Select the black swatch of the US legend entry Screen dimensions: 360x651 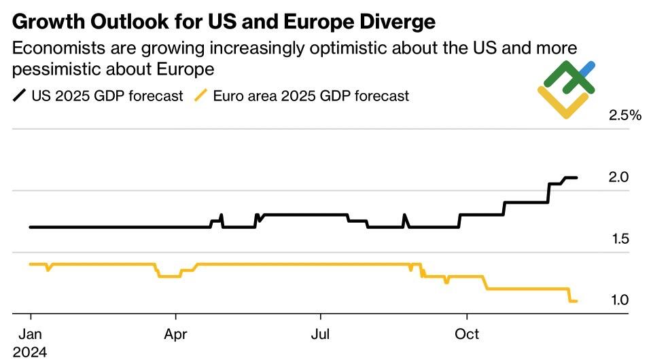(x=19, y=96)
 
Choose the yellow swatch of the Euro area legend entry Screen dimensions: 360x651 (x=200, y=96)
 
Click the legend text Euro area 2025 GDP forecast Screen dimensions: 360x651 (x=311, y=96)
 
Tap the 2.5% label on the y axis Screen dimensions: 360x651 (x=625, y=115)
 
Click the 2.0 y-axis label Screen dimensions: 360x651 (x=618, y=177)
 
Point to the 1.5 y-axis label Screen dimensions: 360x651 (x=618, y=239)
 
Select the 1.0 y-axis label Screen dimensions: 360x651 (x=618, y=300)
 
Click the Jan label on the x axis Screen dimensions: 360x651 (x=31, y=335)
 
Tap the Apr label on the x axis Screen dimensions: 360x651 (x=176, y=335)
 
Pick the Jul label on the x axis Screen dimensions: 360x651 (x=320, y=335)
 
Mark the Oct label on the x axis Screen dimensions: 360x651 (x=467, y=335)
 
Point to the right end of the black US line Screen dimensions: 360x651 (x=576, y=178)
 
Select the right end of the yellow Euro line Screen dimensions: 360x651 (x=576, y=301)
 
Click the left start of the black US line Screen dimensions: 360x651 (x=31, y=227)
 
